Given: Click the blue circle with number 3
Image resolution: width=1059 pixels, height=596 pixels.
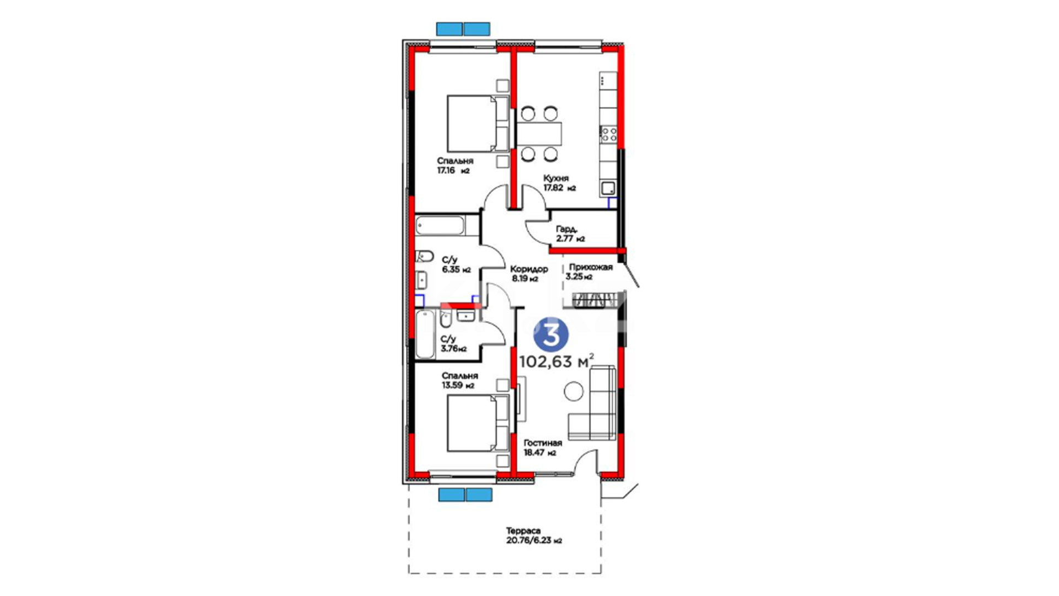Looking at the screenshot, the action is coord(550,334).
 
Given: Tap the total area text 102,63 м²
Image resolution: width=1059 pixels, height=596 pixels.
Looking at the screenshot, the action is coord(557,361).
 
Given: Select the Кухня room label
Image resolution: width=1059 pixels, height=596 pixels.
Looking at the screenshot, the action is coord(556,178).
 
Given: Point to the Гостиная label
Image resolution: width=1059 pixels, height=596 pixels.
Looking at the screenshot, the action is coord(543,443).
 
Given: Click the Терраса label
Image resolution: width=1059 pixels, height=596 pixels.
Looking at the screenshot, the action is coord(523,531).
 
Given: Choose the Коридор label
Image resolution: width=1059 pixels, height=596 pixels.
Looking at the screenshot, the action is coord(529,269).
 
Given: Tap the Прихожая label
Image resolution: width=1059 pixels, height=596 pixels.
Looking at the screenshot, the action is coord(591,267).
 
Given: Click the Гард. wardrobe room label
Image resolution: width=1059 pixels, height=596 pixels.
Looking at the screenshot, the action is coord(566,229).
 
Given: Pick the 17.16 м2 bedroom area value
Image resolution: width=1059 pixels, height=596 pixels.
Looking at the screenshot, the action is coord(453,171).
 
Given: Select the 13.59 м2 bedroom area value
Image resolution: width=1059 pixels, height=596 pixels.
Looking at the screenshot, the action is coord(458,385).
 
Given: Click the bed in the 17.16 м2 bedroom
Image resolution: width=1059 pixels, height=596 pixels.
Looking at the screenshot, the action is coord(477,124).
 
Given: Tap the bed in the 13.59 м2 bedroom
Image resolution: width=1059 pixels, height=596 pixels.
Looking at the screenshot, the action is coord(478,423).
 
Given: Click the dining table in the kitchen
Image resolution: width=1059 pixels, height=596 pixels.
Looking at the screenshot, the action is coord(539,134).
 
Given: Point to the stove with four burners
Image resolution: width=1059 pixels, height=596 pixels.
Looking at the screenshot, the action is coord(609,134).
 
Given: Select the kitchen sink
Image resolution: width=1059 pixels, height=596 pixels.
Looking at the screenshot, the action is coord(608,189).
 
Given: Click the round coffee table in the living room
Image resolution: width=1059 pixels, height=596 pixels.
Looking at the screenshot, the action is coord(574,391).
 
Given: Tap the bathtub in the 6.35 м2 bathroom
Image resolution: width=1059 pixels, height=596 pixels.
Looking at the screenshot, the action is coord(440,226).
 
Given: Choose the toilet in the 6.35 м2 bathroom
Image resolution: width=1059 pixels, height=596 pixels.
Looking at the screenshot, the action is coord(424,256).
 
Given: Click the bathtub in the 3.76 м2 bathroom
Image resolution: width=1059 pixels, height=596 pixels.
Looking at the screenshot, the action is coord(425,334).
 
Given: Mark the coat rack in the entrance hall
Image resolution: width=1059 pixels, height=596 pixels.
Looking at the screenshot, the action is coord(594,301).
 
